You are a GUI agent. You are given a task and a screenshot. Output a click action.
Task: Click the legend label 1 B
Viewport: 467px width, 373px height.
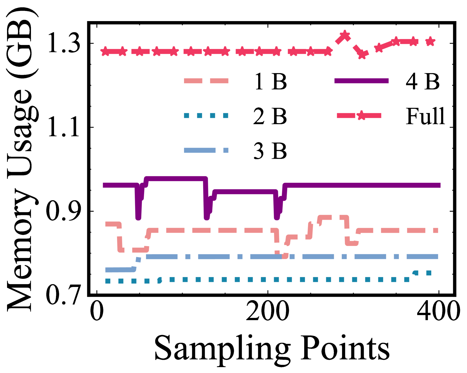270,82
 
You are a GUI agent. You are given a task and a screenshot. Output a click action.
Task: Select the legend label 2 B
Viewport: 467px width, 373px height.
270,116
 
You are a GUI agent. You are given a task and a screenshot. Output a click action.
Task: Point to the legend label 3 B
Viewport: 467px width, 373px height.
270,151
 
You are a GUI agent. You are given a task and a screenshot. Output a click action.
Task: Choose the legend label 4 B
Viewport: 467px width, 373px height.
422,82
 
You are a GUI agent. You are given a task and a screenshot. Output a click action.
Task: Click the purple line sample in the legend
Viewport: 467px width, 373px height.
361,81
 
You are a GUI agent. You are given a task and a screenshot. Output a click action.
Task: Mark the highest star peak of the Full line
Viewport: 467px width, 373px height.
345,36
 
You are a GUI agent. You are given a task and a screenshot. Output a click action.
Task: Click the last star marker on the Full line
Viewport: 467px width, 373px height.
430,42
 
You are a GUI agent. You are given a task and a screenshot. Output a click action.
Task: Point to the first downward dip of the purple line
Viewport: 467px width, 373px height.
138,216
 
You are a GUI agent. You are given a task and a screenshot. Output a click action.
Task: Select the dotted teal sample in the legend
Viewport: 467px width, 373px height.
206,115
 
